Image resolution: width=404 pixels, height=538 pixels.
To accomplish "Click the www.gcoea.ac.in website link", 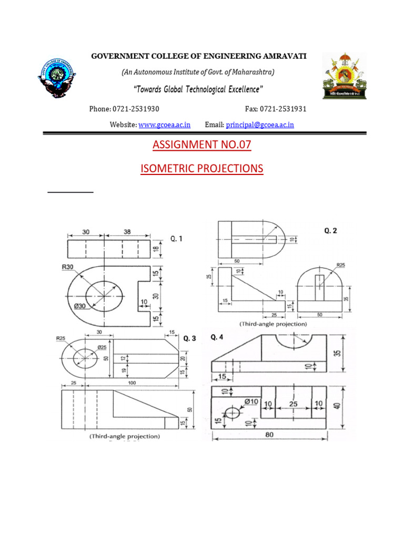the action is coord(165,125).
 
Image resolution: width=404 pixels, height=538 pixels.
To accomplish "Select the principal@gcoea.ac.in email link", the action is coord(260,125).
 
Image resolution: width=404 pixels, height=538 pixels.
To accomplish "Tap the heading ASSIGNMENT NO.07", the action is coord(202,145).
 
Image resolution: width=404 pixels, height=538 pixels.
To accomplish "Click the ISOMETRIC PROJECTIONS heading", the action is coord(202,169).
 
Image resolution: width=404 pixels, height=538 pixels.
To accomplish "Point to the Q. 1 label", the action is coord(177,239).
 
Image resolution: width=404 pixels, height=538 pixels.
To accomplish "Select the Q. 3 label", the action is coord(189,339).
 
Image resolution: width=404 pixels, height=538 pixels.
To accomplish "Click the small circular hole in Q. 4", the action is coord(232,411).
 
